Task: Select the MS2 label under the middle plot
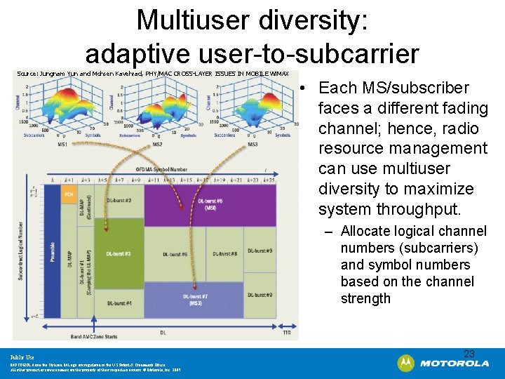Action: click(158, 145)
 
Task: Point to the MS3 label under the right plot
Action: click(252, 145)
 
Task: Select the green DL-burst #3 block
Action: click(119, 253)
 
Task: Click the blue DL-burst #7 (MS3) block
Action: click(194, 299)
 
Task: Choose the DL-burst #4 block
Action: click(119, 302)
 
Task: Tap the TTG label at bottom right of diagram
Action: click(286, 332)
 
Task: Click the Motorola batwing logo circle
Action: click(406, 363)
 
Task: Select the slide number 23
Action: click(469, 354)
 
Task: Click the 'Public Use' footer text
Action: click(22, 357)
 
